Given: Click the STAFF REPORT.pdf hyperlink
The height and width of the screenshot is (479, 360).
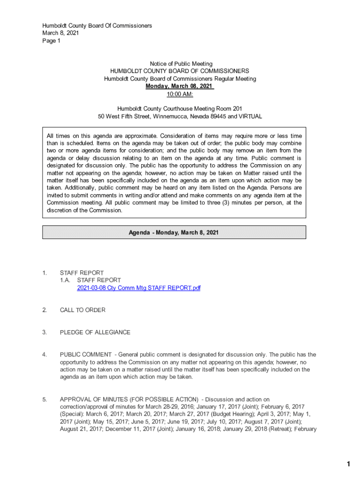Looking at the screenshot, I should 138,288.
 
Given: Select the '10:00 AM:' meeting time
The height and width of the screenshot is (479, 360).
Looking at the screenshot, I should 180,94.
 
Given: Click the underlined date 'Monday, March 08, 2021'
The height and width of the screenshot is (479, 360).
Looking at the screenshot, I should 180,87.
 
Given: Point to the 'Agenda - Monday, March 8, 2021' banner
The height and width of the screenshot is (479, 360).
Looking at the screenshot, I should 174,232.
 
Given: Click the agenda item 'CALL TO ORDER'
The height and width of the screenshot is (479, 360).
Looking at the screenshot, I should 83,310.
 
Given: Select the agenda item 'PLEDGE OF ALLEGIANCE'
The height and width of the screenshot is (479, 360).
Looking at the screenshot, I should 95,333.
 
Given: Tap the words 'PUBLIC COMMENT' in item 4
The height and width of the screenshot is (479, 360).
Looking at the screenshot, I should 86,355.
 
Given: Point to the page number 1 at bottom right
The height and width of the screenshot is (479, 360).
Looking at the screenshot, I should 348,464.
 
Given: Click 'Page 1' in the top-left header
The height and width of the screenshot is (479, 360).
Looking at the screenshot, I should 51,41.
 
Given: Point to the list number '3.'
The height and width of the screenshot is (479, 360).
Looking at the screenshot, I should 44,333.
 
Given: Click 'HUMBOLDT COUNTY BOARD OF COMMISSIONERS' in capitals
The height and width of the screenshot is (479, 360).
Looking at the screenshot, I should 180,71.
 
